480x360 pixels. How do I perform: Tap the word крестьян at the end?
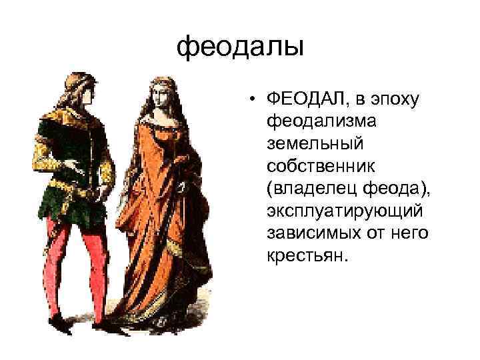click(x=307, y=256)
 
